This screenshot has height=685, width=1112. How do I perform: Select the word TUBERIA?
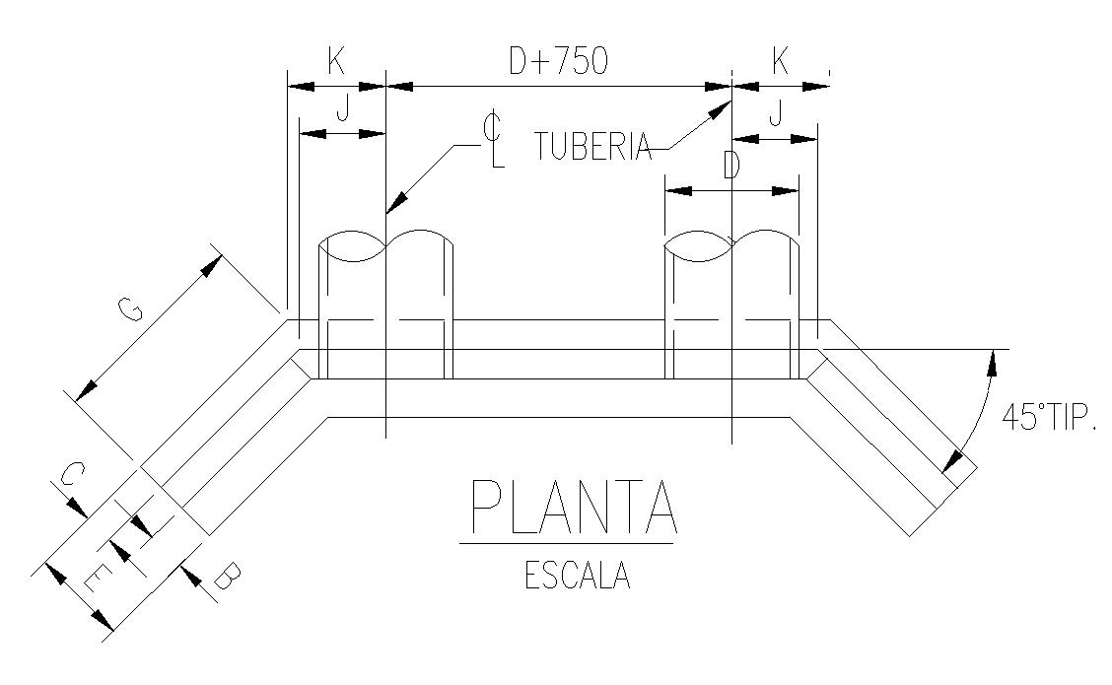coord(593,147)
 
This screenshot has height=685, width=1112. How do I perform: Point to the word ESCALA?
coord(577,576)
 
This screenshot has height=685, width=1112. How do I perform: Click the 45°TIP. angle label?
coord(1048,417)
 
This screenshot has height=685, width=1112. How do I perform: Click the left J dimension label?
coord(341,111)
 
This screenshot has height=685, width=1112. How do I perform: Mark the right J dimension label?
coord(775,116)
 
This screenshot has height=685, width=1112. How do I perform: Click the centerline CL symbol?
coord(494,140)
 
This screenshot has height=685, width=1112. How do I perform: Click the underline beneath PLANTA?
coord(566,543)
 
